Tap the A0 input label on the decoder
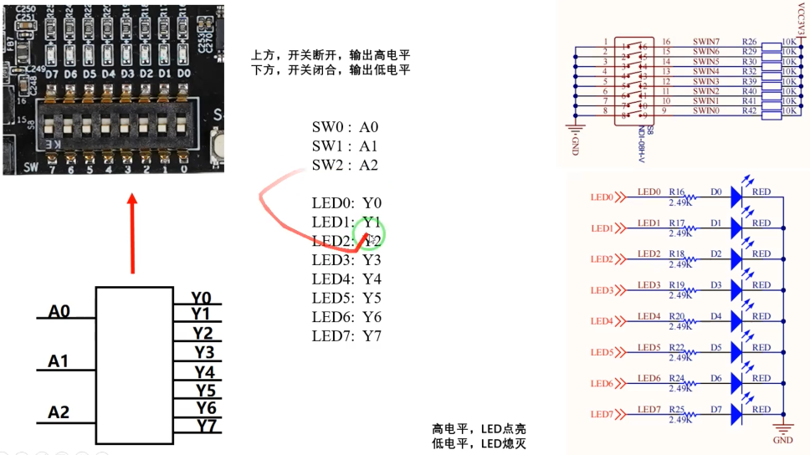click(59, 312)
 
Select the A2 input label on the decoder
click(59, 412)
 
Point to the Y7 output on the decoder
click(206, 426)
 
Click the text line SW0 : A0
click(345, 127)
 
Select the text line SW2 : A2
click(345, 165)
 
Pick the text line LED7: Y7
click(346, 335)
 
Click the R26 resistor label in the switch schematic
click(749, 41)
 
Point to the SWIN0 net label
click(705, 110)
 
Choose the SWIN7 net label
click(705, 41)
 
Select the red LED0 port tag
click(603, 198)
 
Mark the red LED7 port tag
click(603, 414)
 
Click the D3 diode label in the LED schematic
click(715, 285)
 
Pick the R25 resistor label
click(677, 409)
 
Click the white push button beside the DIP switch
click(220, 146)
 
